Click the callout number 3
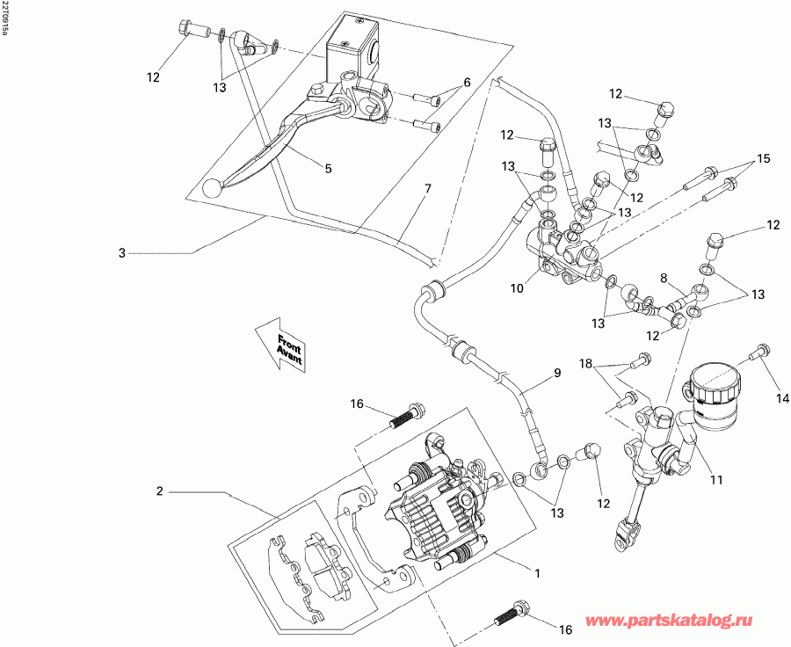pos(121,252)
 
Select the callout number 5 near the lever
pos(329,169)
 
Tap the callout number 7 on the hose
pos(428,189)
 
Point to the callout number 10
pos(517,288)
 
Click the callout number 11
pos(716,480)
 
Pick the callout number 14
pos(782,399)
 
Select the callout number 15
pos(764,158)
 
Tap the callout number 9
pos(557,373)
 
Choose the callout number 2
pos(159,491)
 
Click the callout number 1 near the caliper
pos(538,573)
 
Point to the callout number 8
pos(664,278)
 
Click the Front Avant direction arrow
pos(280,345)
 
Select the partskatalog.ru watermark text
pos(669,621)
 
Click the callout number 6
pos(467,82)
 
